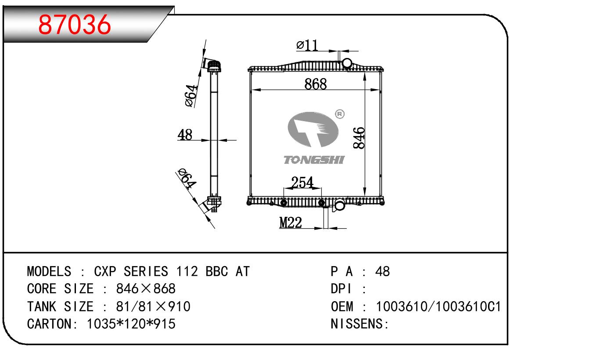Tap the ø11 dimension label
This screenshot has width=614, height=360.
coord(307,45)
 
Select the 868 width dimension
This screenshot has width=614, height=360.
coord(316,84)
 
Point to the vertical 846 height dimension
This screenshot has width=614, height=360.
coord(359,137)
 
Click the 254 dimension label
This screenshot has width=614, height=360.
coord(302,183)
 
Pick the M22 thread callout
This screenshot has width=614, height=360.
coord(291,223)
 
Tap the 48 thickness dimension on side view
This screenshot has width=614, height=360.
coord(185,135)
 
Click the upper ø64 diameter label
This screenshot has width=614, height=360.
coord(191,95)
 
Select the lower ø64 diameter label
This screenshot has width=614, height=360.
coord(186,179)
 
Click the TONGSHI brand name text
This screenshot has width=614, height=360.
coord(314,160)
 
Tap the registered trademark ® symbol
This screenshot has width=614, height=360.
coord(339,114)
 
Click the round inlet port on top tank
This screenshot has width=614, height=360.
coord(347,63)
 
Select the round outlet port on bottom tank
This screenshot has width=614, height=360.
coord(340,205)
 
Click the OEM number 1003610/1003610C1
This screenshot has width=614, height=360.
coord(438,306)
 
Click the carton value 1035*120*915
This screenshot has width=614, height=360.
coord(131,324)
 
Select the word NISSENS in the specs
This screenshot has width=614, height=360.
coord(358,324)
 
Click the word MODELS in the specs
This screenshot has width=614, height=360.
coord(49,271)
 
